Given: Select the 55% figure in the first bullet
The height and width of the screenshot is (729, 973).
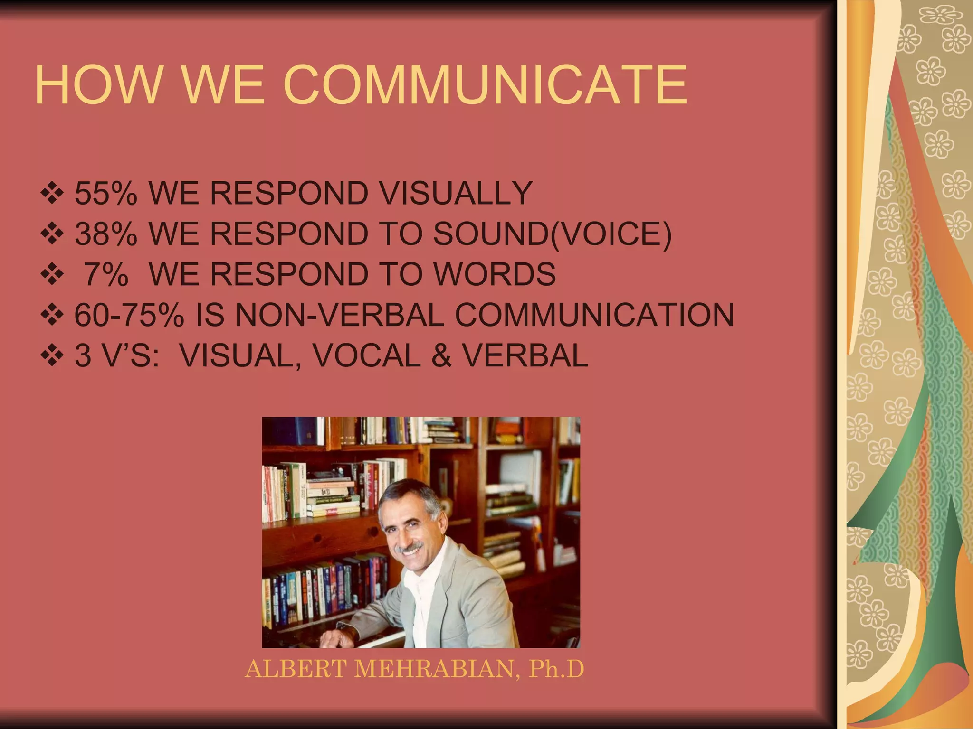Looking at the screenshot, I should pyautogui.click(x=106, y=193).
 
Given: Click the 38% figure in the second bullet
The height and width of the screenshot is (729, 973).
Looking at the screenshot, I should pyautogui.click(x=106, y=234).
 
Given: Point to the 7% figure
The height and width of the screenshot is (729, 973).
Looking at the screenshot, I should pyautogui.click(x=106, y=274).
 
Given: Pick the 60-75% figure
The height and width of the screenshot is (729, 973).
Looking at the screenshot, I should pyautogui.click(x=129, y=315).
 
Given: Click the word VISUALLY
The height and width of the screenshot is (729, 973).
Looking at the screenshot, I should pyautogui.click(x=449, y=193).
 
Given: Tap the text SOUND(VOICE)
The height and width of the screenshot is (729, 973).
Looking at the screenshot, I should pyautogui.click(x=553, y=234).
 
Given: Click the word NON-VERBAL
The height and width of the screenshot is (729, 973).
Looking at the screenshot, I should pyautogui.click(x=339, y=315).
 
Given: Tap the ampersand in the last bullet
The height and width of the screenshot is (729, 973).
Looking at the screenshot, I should pyautogui.click(x=441, y=355).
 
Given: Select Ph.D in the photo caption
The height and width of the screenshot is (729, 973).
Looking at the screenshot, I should pyautogui.click(x=556, y=669).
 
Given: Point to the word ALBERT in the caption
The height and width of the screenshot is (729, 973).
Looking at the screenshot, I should pyautogui.click(x=296, y=669).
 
